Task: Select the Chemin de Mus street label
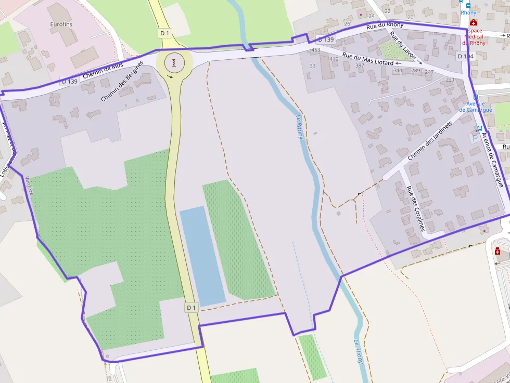103,72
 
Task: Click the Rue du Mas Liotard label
367,59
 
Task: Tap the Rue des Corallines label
416,208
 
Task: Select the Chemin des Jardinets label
431,141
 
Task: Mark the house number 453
316,50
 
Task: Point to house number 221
450,80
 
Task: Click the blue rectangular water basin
202,255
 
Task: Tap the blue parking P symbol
473,139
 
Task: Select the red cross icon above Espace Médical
473,22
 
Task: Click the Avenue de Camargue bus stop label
479,107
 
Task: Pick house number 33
313,66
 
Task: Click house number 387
360,65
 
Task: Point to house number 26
347,23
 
